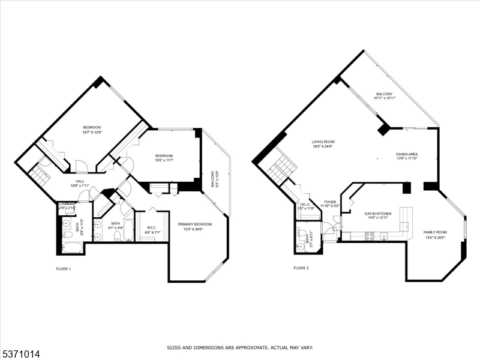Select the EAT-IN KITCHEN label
point(378,214)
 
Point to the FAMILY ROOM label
point(435,232)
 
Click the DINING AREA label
point(407,154)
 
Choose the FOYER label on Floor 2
point(330,202)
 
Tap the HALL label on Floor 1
point(80,181)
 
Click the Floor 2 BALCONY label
point(384,94)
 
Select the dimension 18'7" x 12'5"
point(92,132)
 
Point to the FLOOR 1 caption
point(60,268)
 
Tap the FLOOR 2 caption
point(301,268)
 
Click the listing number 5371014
point(21,355)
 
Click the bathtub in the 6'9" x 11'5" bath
point(72,247)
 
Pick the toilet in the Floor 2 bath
point(300,246)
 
